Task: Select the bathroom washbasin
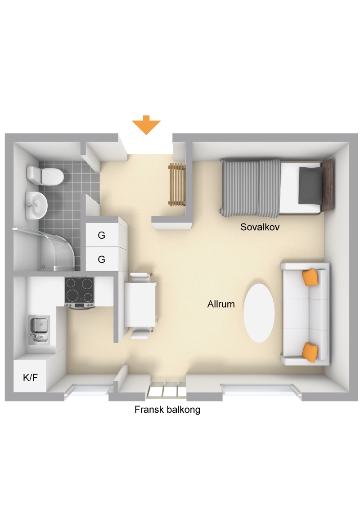click(x=36, y=205)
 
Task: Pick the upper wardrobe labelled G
click(x=101, y=235)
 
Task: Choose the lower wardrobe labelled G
click(x=101, y=259)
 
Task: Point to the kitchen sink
click(x=39, y=329)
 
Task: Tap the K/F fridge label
click(x=30, y=377)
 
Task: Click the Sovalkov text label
click(x=260, y=227)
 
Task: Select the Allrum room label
click(x=221, y=304)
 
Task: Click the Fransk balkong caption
click(x=167, y=409)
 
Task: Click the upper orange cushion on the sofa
click(x=310, y=277)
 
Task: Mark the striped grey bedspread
click(x=250, y=188)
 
